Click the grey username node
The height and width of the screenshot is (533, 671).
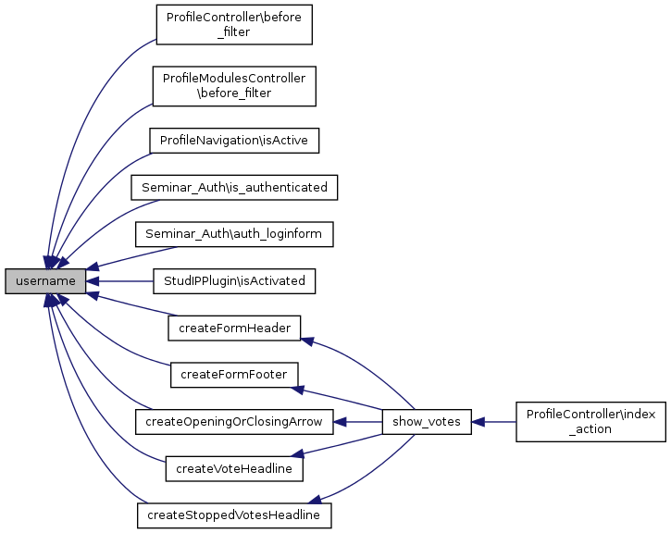[x=45, y=280]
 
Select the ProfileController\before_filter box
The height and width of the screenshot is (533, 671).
[x=233, y=24]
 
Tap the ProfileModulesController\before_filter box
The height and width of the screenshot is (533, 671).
[x=233, y=87]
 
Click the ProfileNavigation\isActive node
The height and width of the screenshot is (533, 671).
[x=234, y=140]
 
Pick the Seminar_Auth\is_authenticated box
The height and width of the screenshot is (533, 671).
[x=233, y=187]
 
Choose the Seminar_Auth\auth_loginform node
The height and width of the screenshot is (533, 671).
[x=233, y=234]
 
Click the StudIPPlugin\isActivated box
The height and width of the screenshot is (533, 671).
[x=233, y=280]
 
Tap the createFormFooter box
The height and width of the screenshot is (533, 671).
[x=234, y=374]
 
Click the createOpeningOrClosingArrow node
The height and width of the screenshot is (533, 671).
[x=233, y=421]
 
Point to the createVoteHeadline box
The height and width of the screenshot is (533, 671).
[x=234, y=468]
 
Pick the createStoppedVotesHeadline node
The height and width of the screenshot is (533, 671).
[x=233, y=514]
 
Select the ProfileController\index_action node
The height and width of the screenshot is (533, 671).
[x=590, y=421]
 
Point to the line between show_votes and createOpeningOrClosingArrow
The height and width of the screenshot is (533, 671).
[x=358, y=421]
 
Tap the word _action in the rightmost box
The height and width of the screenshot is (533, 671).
[x=590, y=429]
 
